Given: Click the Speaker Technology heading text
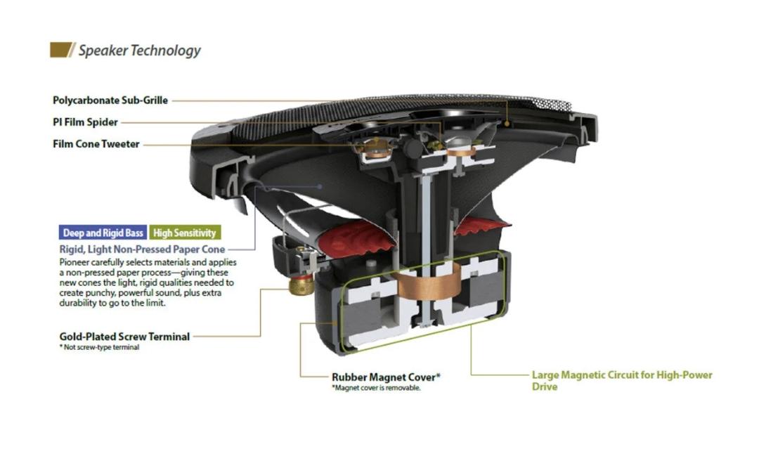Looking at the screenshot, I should point(139,51).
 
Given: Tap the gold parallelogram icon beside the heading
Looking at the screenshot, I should point(62,50).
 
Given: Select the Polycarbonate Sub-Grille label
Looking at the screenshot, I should point(110,100).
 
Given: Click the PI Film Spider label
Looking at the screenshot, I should point(85,122).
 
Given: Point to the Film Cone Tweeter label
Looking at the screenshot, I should point(96,144).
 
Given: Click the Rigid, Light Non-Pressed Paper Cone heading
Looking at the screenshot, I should point(142,249).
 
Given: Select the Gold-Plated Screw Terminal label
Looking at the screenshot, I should point(124,337).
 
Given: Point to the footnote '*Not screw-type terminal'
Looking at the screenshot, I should point(99,347).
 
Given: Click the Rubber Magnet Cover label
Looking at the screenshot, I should point(386,377).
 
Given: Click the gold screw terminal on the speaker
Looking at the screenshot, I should point(302,285).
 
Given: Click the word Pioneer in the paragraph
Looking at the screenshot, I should point(76,261).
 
